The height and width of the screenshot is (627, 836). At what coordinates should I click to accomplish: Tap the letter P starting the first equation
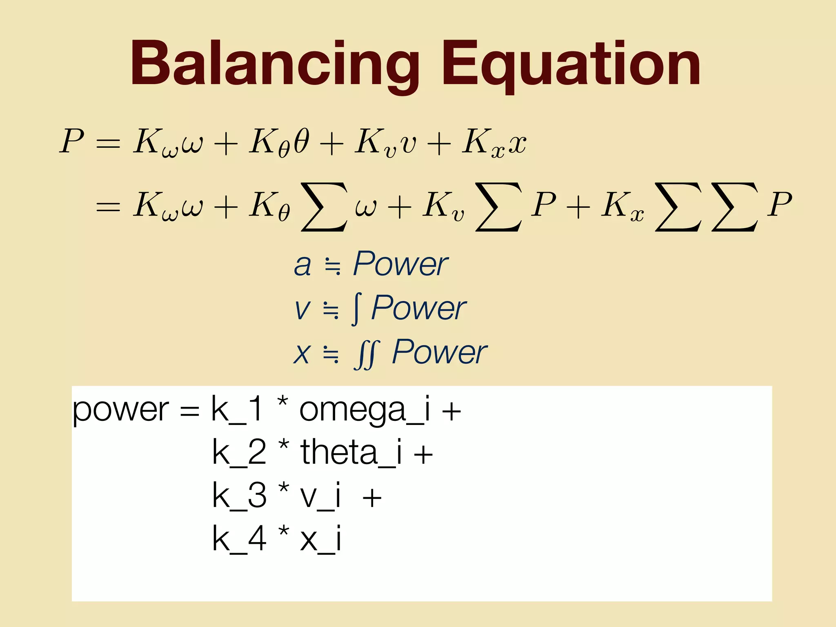tap(72, 141)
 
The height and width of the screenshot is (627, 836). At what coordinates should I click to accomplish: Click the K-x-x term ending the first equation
tap(494, 143)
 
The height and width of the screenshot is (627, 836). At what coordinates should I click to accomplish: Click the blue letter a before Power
tap(302, 265)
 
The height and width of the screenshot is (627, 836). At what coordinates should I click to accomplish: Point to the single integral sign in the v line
tap(356, 309)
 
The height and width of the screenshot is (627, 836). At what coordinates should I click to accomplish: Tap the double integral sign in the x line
tap(367, 354)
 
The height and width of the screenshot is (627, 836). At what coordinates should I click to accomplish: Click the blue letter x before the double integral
tap(302, 354)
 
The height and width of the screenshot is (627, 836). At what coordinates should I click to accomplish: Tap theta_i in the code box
tap(351, 453)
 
